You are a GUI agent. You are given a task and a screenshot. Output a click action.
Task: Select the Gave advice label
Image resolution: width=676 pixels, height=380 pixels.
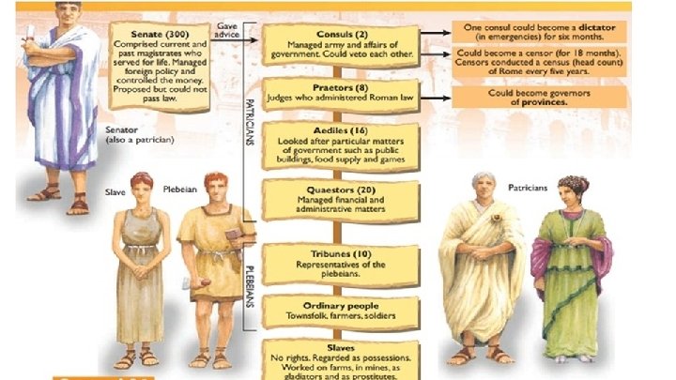tap(226, 31)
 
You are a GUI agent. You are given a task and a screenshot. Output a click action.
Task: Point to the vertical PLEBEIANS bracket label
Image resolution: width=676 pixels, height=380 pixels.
tap(250, 281)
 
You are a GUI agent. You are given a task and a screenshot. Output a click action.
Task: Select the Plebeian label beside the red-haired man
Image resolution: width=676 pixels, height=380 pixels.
tap(178, 189)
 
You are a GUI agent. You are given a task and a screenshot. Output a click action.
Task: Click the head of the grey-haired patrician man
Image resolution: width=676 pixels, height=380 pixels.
tap(484, 189)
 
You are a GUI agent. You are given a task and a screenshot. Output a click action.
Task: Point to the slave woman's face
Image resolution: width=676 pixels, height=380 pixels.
tap(142, 186)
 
